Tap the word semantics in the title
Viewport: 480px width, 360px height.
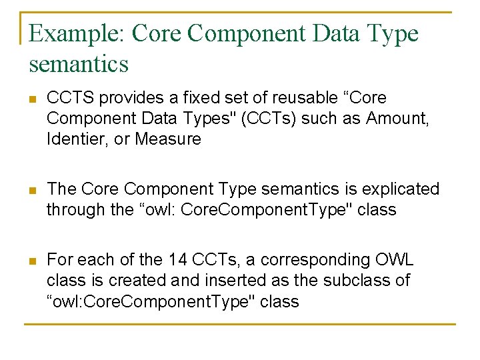click(x=79, y=64)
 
